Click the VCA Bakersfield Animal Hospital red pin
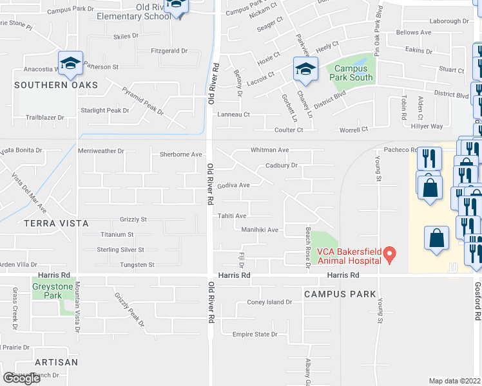[389, 256]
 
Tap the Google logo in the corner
[21, 378]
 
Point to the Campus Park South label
[352, 72]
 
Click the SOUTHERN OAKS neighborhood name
[56, 85]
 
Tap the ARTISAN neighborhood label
[56, 362]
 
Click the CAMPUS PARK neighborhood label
[340, 294]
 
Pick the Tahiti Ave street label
[232, 216]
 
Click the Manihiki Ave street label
[259, 230]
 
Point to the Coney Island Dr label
[270, 302]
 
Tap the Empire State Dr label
[255, 335]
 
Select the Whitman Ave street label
[269, 150]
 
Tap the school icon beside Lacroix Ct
[305, 69]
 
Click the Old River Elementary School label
[133, 11]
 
